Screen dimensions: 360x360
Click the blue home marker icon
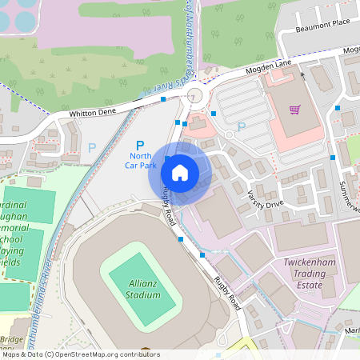click(179, 172)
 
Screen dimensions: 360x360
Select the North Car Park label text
click(141, 160)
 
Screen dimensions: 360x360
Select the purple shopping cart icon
click(295, 110)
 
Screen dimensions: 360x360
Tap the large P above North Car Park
click(140, 144)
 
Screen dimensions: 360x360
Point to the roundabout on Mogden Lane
click(193, 98)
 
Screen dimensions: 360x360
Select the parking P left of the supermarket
click(241, 126)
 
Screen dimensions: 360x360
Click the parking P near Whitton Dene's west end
click(91, 148)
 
